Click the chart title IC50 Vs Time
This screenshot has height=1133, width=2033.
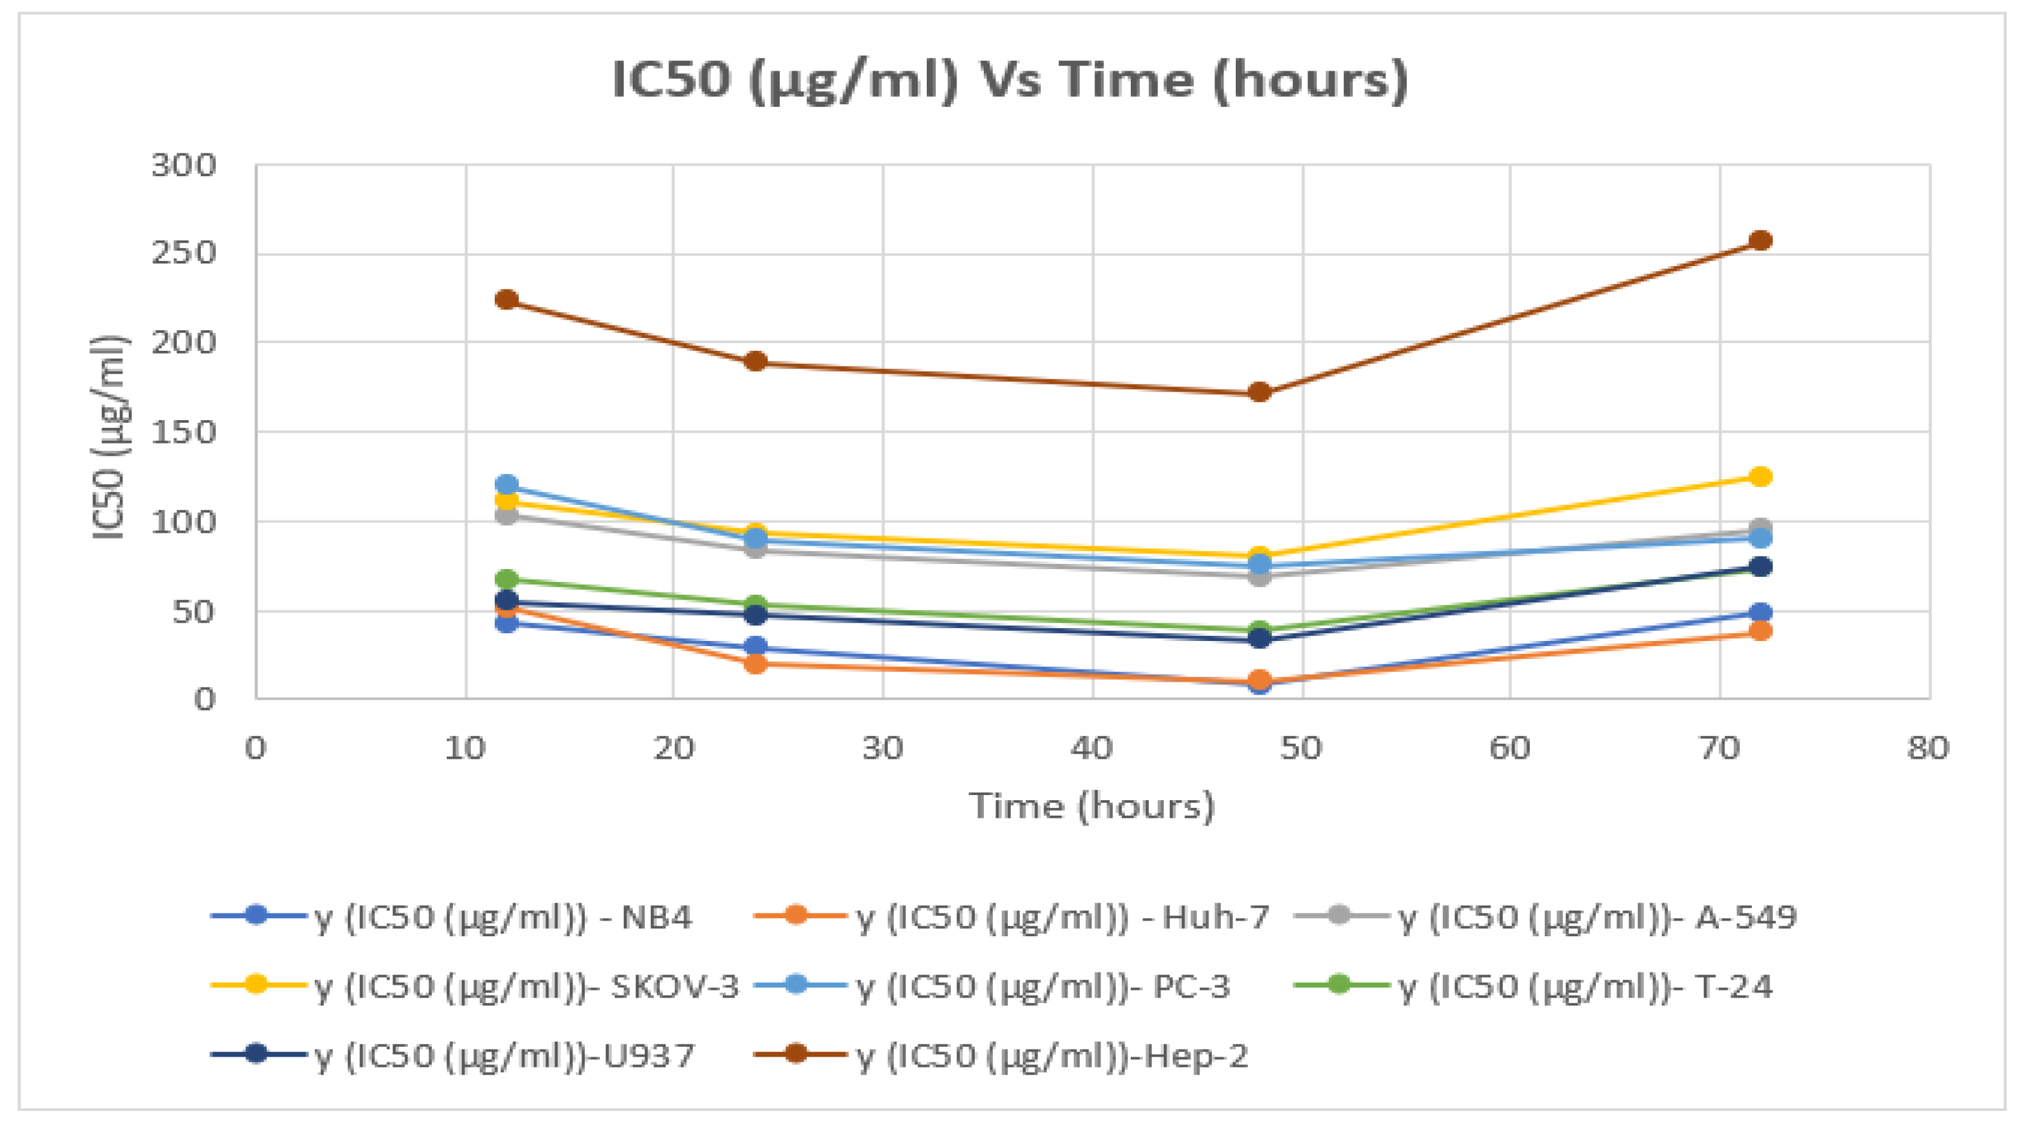[1010, 80]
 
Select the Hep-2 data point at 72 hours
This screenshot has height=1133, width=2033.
[1760, 241]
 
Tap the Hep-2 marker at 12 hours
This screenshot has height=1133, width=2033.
[506, 300]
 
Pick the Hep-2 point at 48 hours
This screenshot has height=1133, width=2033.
[1260, 392]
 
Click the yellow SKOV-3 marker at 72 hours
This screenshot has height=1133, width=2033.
[1760, 477]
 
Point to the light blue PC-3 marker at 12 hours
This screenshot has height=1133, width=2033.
[506, 484]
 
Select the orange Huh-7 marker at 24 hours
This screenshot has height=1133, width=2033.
[755, 664]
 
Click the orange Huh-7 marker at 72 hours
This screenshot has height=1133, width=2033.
[1760, 631]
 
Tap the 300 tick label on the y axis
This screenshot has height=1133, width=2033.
[183, 166]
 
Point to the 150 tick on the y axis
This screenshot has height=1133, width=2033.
[183, 432]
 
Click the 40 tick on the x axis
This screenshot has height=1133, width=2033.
[1092, 748]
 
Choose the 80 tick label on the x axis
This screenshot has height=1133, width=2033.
[1928, 748]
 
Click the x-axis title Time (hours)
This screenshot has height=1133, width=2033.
[1092, 806]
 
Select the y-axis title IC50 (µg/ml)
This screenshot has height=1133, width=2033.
[108, 438]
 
